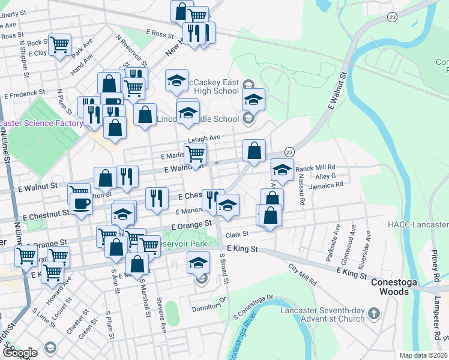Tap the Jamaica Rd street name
coord(325,187)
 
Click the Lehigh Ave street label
coord(204,138)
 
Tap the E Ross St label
coord(159,32)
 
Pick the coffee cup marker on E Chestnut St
coord(80,203)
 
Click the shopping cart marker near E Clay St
coord(60,44)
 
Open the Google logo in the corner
coord(19,353)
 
